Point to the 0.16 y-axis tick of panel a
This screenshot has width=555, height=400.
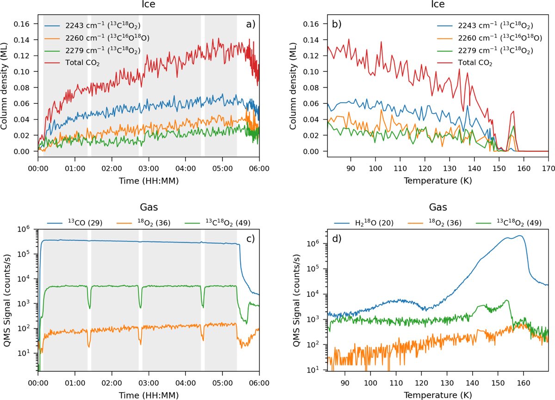pos(22,24)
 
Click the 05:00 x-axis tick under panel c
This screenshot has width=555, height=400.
pos(222,383)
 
